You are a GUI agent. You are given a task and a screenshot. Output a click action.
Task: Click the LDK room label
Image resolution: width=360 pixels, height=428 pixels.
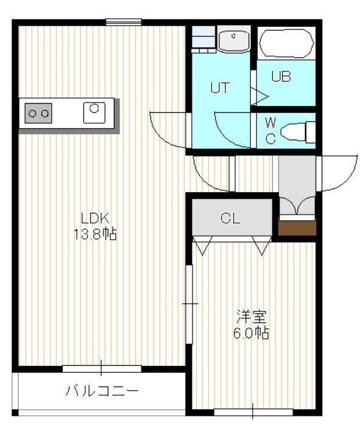pyautogui.click(x=95, y=218)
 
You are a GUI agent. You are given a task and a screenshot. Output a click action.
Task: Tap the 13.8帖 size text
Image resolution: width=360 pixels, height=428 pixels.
pyautogui.click(x=95, y=234)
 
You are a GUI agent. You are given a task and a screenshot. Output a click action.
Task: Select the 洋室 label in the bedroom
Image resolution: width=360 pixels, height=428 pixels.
pyautogui.click(x=251, y=316)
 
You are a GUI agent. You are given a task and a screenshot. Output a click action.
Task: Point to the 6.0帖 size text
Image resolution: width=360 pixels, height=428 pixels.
pyautogui.click(x=251, y=333)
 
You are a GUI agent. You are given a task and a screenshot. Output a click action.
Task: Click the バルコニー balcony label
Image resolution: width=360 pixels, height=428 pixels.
pyautogui.click(x=102, y=391)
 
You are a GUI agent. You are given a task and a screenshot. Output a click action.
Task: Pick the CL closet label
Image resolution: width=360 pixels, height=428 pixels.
pyautogui.click(x=230, y=218)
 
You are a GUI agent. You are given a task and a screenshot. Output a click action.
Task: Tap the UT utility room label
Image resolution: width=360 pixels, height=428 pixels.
pyautogui.click(x=220, y=88)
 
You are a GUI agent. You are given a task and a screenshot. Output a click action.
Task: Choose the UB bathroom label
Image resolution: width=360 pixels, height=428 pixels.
pyautogui.click(x=281, y=76)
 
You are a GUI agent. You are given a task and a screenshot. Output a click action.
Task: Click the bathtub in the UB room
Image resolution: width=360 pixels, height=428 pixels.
pyautogui.click(x=286, y=43)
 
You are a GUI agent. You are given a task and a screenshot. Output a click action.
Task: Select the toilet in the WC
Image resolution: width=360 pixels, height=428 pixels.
pyautogui.click(x=298, y=132)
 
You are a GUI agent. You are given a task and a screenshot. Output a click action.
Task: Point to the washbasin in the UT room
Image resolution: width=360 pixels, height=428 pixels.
pyautogui.click(x=234, y=40)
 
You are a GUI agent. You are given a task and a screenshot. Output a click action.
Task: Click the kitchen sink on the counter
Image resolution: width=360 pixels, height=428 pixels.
pyautogui.click(x=94, y=112)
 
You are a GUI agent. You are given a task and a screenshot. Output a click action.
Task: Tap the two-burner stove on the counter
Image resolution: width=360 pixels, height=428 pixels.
pyautogui.click(x=38, y=113)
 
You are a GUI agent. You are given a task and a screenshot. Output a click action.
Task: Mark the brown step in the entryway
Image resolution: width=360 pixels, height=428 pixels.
pyautogui.click(x=297, y=227)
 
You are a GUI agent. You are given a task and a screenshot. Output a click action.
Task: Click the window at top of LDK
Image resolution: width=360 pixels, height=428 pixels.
pyautogui.click(x=124, y=22)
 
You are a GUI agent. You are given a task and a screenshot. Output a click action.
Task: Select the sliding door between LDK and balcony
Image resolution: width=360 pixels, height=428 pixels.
pyautogui.click(x=102, y=368)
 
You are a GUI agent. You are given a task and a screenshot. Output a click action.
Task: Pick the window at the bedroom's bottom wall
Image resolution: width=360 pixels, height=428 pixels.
pyautogui.click(x=253, y=412)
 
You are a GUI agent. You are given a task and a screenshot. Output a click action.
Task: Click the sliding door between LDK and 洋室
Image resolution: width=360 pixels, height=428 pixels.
pyautogui.click(x=189, y=304)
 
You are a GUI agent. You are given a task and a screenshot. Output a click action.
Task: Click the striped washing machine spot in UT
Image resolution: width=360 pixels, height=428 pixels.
pyautogui.click(x=203, y=39)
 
